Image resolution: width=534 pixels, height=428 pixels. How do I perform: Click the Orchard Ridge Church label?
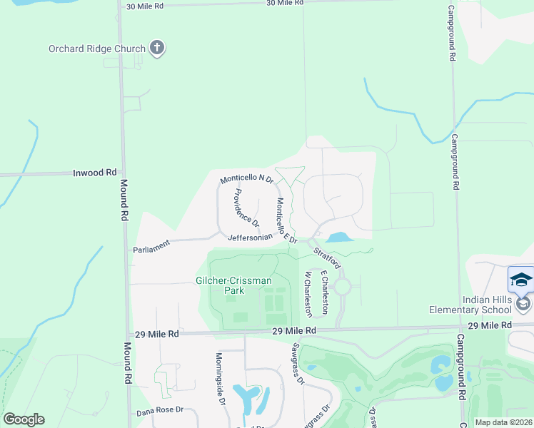click(x=96, y=49)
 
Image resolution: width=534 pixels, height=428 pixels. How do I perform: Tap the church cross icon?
click(x=158, y=49)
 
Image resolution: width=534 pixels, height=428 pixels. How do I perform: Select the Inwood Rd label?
click(x=95, y=173)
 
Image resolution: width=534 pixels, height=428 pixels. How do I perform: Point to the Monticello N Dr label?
click(x=247, y=178)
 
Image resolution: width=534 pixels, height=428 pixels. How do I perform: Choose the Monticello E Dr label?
click(x=286, y=220)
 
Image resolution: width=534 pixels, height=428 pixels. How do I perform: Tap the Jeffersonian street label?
click(x=250, y=237)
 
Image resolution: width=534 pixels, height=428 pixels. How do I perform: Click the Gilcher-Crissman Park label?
click(x=233, y=285)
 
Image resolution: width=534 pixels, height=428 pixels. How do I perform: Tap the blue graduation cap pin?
click(x=520, y=279)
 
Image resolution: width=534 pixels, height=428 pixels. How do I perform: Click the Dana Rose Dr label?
click(x=161, y=412)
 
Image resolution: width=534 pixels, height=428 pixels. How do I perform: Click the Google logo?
click(x=24, y=419)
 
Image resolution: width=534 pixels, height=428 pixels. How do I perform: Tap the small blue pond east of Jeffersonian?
click(x=340, y=237)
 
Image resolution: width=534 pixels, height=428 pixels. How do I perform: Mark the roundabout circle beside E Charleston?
click(x=342, y=287)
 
